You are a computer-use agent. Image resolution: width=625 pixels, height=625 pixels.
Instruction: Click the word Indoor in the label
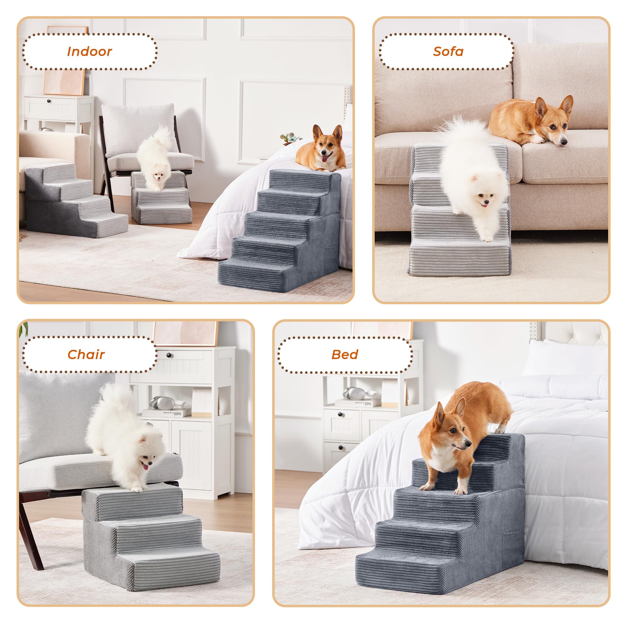click(89, 52)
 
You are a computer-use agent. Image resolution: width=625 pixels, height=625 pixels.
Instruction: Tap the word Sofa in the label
click(448, 52)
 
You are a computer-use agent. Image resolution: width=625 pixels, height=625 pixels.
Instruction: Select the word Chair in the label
click(86, 355)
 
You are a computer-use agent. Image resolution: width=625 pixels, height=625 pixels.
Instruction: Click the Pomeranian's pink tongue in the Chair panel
click(145, 467)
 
